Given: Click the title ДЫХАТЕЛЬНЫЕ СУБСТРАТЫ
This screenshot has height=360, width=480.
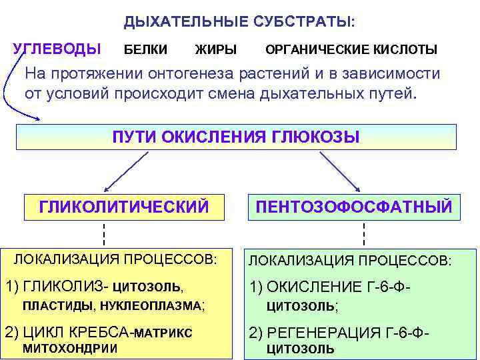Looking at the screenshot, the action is pyautogui.click(x=239, y=21).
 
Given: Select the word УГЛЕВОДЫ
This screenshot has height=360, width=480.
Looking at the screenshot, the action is pyautogui.click(x=57, y=49).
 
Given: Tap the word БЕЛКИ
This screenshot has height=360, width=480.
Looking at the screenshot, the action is pyautogui.click(x=146, y=50).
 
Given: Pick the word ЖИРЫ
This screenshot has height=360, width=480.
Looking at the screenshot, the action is pyautogui.click(x=215, y=50).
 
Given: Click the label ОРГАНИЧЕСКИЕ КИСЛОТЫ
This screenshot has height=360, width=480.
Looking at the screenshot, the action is pyautogui.click(x=351, y=50).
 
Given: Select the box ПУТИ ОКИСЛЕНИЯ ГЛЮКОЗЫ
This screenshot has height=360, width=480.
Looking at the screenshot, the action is pyautogui.click(x=236, y=137).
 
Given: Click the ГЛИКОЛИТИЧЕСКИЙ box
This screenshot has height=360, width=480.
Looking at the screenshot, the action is pyautogui.click(x=124, y=207).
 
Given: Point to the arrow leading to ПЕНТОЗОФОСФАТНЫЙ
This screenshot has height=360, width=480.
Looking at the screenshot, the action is pyautogui.click(x=340, y=171).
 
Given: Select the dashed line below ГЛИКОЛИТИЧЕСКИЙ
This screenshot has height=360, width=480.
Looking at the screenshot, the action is pyautogui.click(x=104, y=235).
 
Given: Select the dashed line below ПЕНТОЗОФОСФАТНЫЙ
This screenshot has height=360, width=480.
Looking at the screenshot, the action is pyautogui.click(x=364, y=235).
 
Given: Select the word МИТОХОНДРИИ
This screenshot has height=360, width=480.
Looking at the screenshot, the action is pyautogui.click(x=70, y=348).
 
